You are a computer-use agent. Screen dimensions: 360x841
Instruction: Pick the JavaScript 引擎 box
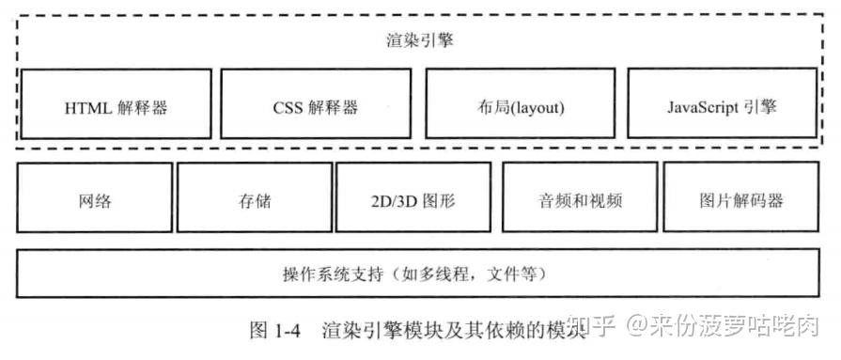pyautogui.click(x=722, y=103)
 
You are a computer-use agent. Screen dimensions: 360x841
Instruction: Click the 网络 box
pyautogui.click(x=94, y=198)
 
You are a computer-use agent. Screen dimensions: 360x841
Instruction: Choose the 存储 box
pyautogui.click(x=253, y=198)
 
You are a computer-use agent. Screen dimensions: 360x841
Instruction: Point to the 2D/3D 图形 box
pyautogui.click(x=413, y=198)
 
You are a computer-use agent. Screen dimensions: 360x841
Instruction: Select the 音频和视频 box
pyautogui.click(x=580, y=198)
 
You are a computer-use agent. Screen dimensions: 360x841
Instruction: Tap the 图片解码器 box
pyautogui.click(x=741, y=198)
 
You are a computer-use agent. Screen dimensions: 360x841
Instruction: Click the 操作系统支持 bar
pyautogui.click(x=420, y=272)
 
